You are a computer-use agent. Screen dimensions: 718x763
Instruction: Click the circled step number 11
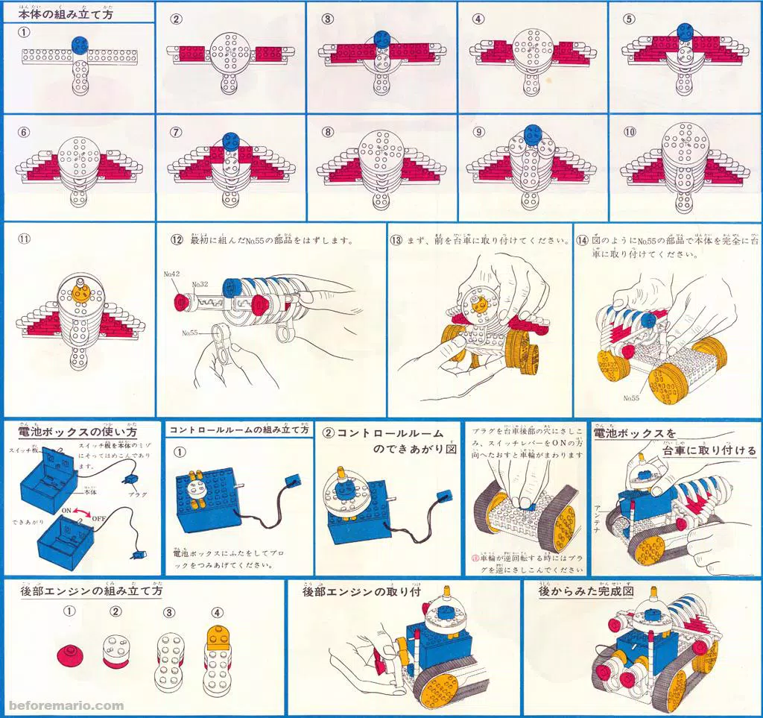coord(25,241)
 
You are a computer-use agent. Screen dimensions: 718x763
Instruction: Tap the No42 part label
coord(172,274)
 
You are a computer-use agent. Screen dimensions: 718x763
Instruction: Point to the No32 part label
coord(200,285)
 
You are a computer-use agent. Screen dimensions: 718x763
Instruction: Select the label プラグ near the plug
coord(138,494)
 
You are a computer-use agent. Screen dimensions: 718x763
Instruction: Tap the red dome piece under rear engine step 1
coord(71,655)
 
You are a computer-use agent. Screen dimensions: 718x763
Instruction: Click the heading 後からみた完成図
coord(586,591)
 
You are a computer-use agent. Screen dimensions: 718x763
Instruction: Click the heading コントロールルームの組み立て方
coord(238,430)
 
